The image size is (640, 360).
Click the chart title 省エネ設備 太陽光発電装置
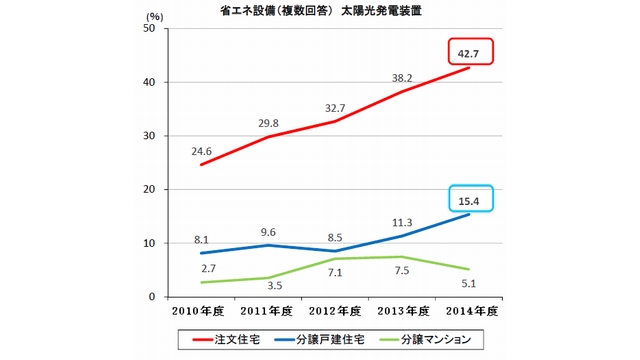tap(319, 12)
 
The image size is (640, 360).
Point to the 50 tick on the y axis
tap(149, 29)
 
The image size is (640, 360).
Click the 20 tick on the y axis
tap(149, 190)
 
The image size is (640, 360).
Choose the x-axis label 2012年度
tap(335, 310)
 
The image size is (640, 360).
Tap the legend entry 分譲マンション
tap(450, 340)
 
